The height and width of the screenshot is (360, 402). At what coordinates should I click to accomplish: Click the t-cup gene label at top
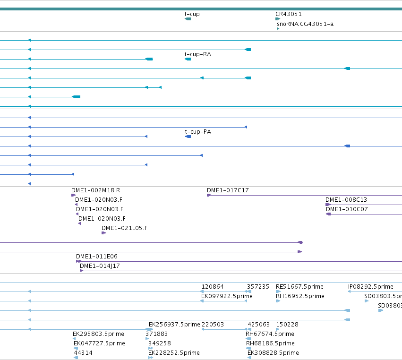[192, 14]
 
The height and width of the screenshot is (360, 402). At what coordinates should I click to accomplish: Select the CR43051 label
[289, 14]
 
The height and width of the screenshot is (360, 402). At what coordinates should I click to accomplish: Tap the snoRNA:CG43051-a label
[305, 24]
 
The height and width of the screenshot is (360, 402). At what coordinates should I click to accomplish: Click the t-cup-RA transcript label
[197, 54]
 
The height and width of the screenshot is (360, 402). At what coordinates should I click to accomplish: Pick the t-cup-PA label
[198, 132]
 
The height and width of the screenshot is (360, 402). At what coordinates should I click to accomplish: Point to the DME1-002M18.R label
[95, 190]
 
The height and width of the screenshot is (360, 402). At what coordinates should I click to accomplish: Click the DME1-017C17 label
[228, 190]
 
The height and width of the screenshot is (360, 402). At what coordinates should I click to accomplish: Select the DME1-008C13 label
[346, 200]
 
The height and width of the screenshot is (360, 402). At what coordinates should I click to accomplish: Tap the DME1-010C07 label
[347, 209]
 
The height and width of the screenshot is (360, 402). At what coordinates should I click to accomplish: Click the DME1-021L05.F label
[124, 228]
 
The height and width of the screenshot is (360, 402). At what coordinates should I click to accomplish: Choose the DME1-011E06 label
[97, 257]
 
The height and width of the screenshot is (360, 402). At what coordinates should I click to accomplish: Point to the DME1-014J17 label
[100, 266]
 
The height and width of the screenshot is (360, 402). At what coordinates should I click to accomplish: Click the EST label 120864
[213, 287]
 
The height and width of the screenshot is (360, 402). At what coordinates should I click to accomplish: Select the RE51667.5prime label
[299, 287]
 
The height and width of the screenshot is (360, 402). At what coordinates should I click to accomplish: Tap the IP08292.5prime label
[371, 287]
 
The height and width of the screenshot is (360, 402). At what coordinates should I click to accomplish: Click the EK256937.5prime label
[174, 325]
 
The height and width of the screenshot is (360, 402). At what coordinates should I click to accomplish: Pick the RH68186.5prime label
[270, 343]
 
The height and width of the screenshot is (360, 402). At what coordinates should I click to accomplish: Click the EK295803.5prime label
[98, 334]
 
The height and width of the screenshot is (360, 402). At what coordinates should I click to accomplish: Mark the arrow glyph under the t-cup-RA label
[188, 59]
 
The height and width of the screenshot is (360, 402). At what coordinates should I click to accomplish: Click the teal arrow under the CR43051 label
[278, 19]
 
